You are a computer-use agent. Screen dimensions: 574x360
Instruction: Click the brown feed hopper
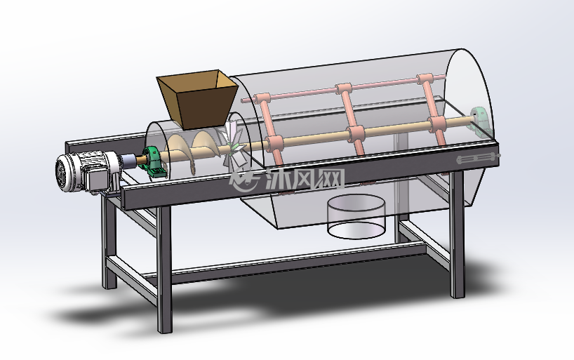(198, 98)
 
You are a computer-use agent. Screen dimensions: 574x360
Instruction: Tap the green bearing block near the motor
(152, 163)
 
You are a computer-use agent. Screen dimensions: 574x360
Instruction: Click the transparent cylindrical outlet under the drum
(356, 216)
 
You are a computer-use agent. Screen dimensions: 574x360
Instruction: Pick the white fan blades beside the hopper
(233, 147)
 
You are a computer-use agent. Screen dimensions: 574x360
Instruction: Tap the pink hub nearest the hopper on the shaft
(274, 143)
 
